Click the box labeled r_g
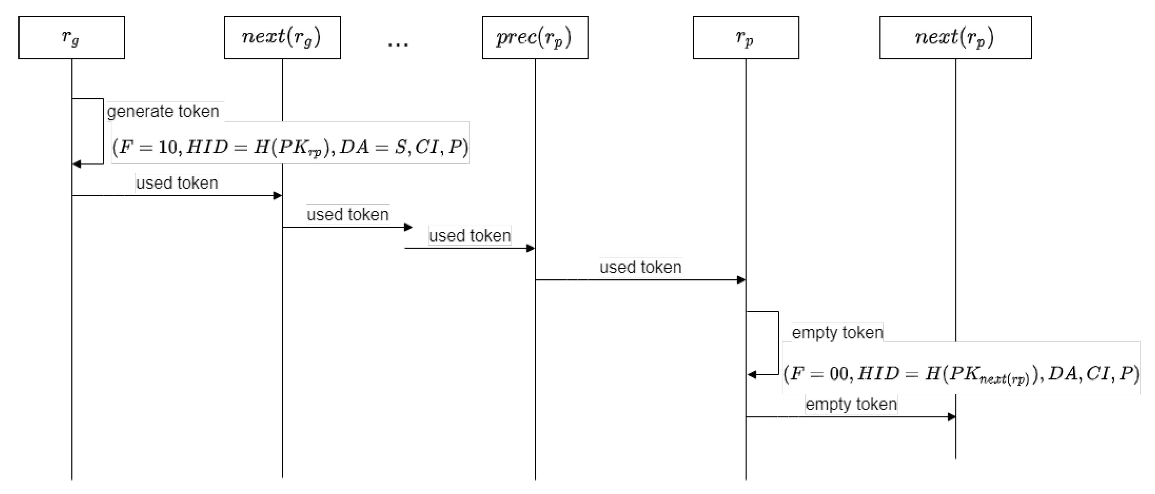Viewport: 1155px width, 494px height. [x=71, y=37]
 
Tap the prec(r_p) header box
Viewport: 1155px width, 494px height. [x=535, y=37]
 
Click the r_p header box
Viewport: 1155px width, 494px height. [x=745, y=37]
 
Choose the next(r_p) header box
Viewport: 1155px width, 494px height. [x=955, y=37]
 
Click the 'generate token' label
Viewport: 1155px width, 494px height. [x=163, y=111]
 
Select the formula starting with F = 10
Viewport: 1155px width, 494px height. [x=290, y=147]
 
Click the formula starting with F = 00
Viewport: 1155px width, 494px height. [x=960, y=373]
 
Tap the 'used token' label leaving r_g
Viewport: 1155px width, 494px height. [x=177, y=183]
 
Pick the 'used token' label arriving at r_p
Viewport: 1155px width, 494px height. [x=640, y=267]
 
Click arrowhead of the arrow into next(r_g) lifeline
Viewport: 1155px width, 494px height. [x=278, y=196]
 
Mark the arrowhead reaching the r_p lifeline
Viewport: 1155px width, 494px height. [x=741, y=280]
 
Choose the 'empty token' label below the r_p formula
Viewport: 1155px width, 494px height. [x=850, y=404]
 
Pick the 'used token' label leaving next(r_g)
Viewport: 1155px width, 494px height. [x=347, y=214]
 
